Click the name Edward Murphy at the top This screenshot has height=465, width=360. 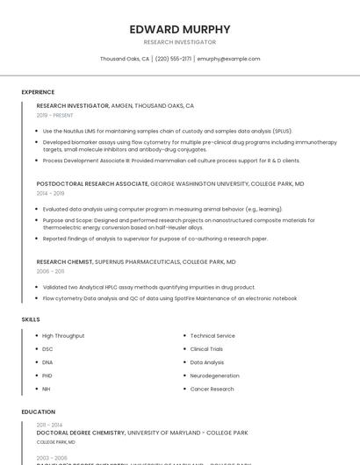tap(180, 29)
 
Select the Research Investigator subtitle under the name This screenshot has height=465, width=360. tap(180, 42)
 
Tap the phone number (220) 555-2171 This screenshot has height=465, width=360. tap(173, 59)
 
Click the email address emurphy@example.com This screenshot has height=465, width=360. tap(228, 59)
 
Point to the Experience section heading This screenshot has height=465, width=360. tap(38, 91)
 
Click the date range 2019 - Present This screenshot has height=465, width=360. tap(55, 115)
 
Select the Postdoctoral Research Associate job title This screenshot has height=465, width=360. tap(92, 184)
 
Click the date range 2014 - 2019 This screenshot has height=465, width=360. tap(51, 193)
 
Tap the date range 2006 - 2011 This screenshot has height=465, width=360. tap(50, 271)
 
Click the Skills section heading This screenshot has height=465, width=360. tap(31, 319)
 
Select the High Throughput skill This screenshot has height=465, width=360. tap(63, 336)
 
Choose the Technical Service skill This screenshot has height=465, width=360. tap(212, 336)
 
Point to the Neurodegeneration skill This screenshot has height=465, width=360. tap(215, 376)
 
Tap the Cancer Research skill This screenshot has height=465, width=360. tap(212, 389)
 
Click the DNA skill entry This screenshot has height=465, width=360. tap(47, 362)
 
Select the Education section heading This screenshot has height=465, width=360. tap(38, 411)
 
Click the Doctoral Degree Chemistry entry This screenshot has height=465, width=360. tap(82, 433)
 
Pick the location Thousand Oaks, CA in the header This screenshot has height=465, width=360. tap(125, 59)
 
